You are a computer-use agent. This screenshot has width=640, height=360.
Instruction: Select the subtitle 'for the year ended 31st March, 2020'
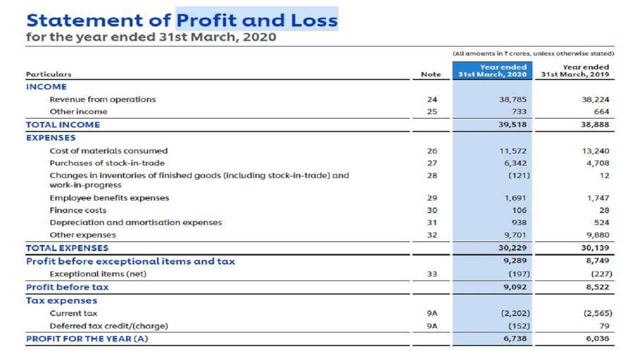click(x=150, y=37)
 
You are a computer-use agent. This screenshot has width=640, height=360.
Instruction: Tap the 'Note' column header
click(x=431, y=74)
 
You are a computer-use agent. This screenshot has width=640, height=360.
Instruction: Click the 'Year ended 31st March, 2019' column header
click(x=575, y=70)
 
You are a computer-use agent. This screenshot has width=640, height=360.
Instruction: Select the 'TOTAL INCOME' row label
click(x=63, y=124)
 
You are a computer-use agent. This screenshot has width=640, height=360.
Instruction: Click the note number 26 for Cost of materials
click(x=432, y=151)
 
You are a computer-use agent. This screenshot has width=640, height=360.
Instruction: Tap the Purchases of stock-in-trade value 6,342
click(x=516, y=163)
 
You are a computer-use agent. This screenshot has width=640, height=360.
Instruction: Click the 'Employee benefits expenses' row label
click(x=109, y=198)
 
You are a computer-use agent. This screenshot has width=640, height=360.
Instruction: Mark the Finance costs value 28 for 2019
click(x=604, y=210)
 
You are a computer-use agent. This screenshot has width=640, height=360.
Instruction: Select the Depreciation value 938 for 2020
click(x=518, y=222)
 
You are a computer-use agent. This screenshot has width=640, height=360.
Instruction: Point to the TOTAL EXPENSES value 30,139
click(x=595, y=247)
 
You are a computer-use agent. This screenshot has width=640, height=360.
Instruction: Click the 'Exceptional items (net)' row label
click(x=98, y=274)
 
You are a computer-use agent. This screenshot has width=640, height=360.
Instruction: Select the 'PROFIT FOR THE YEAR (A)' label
click(x=87, y=338)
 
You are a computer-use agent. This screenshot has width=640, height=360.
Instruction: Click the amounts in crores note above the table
click(x=533, y=53)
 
